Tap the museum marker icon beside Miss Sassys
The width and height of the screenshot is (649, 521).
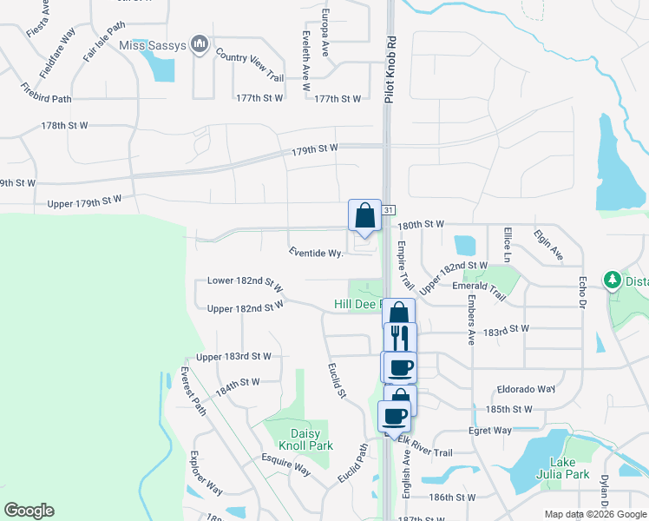pos(200,43)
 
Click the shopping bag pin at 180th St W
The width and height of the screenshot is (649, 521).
pos(364,215)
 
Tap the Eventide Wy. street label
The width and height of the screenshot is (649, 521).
pos(316,253)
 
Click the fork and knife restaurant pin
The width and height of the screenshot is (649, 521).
pos(400,336)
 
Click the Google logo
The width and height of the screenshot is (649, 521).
pos(29,511)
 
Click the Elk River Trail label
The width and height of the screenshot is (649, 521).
pos(426,452)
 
